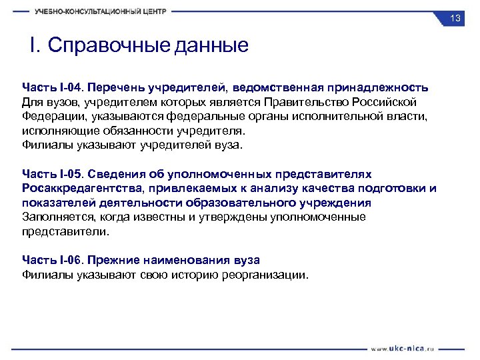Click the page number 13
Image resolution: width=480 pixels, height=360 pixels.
pyautogui.click(x=455, y=19)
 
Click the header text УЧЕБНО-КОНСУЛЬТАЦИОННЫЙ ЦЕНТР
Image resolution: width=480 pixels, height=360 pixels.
pyautogui.click(x=101, y=11)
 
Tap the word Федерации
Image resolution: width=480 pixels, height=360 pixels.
pyautogui.click(x=51, y=116)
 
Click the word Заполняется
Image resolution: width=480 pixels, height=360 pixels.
pyautogui.click(x=57, y=217)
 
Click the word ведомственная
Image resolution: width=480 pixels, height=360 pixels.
pyautogui.click(x=280, y=87)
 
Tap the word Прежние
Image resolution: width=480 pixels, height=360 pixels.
pyautogui.click(x=115, y=259)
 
